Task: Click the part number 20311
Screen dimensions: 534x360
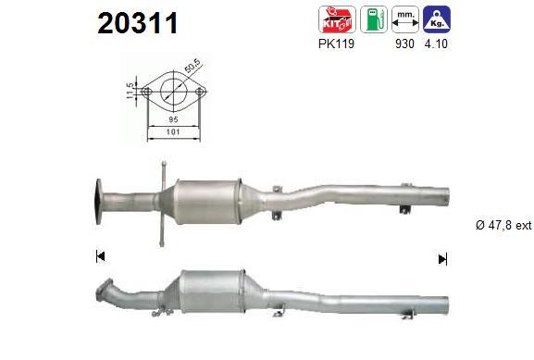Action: coord(138,23)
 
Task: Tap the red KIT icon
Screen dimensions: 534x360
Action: coord(337,19)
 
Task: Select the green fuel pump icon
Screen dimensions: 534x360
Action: coord(374,19)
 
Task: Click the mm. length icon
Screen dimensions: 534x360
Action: coord(405,19)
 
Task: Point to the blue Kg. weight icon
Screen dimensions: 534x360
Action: coord(436,19)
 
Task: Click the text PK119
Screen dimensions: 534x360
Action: coord(336,43)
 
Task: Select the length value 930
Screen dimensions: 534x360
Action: coord(405,43)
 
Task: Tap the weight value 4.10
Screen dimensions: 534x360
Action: coord(436,43)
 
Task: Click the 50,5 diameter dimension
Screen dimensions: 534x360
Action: coord(192,66)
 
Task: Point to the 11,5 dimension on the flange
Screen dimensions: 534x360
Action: coord(130,91)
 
